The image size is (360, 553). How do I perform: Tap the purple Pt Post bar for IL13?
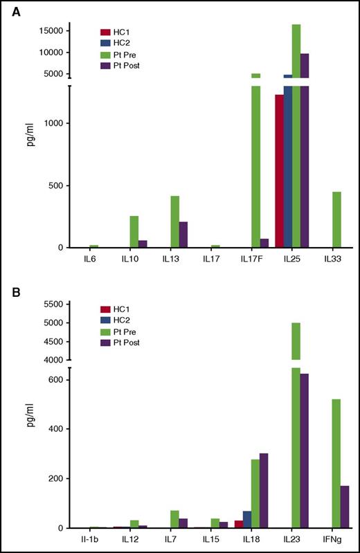[x=183, y=235]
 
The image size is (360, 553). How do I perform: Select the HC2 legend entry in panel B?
[x=118, y=320]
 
